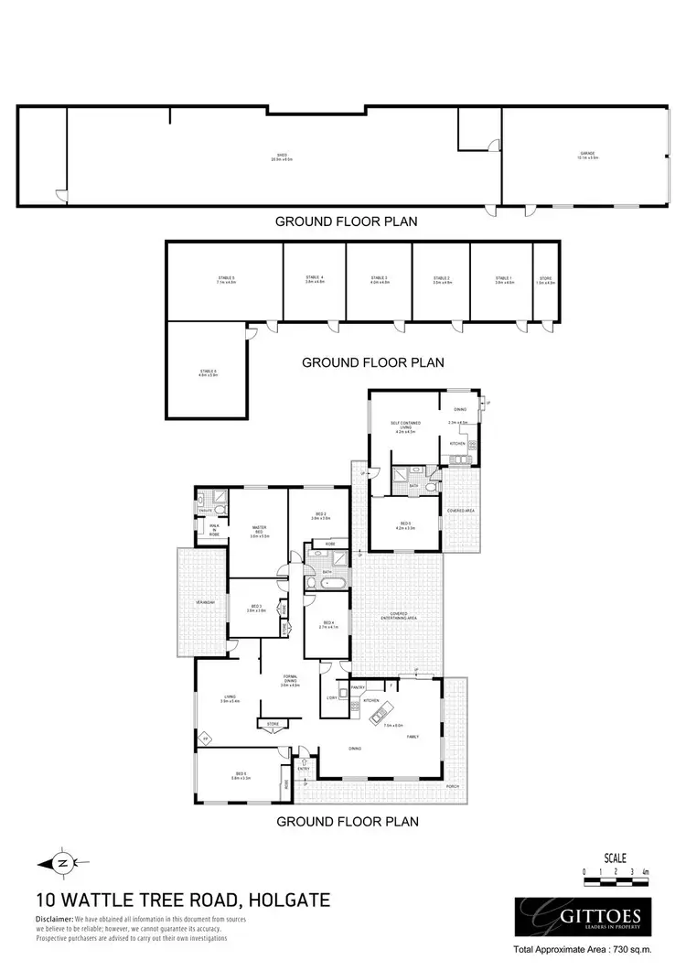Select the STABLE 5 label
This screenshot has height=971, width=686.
click(226, 279)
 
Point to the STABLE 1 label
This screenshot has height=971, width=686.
click(504, 279)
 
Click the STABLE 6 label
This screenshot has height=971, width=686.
click(209, 372)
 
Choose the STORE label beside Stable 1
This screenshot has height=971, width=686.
click(546, 280)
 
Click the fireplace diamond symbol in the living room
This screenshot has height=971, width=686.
click(206, 738)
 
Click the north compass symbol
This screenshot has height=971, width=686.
click(63, 862)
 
